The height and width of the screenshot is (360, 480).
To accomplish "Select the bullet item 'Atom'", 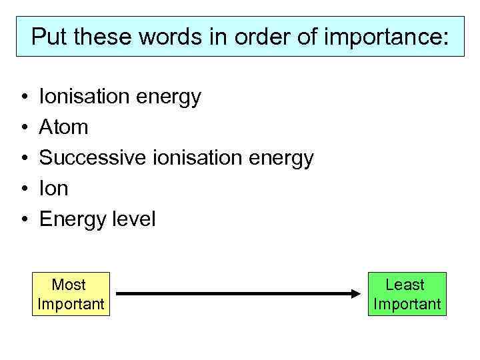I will tap(64, 127).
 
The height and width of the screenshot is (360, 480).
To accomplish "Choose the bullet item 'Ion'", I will tap(54, 189).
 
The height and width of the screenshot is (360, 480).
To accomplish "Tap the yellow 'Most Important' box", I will tap(70, 294).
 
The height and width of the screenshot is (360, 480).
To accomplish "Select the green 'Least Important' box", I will tap(407, 294).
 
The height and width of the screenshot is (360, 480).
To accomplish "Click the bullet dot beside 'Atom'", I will tap(23, 127).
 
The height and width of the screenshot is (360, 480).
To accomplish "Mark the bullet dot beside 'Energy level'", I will tap(23, 219).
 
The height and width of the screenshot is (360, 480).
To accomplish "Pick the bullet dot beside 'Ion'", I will tap(23, 189).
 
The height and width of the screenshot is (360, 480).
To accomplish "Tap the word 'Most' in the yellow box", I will tap(69, 285).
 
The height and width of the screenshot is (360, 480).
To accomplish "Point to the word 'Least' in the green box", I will tap(405, 285).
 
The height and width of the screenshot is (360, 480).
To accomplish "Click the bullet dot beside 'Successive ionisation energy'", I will tap(23, 158).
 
